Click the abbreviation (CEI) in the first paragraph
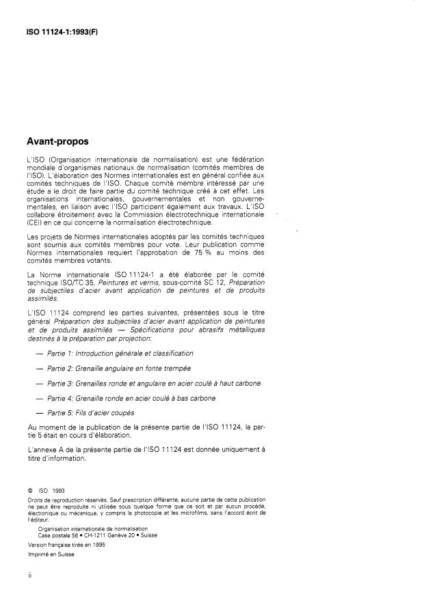(x=30, y=223)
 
